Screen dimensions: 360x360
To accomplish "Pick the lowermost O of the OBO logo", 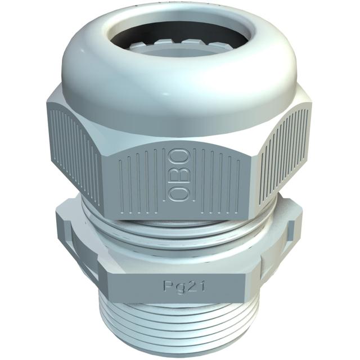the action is coord(180,193).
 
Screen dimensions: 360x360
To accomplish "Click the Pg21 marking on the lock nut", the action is coord(183,286).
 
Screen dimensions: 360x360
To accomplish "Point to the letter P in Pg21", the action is coord(168,286).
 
